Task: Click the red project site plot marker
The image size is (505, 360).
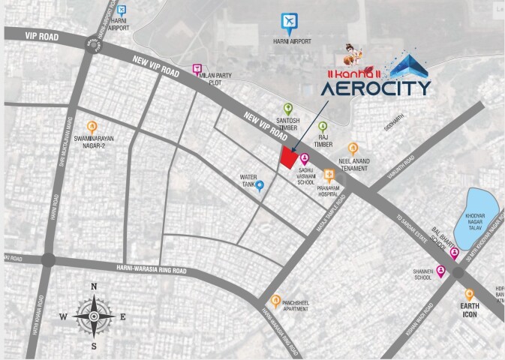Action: (x=287, y=157)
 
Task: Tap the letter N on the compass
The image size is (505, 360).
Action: (x=93, y=287)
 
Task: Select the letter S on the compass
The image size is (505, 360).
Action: (x=93, y=346)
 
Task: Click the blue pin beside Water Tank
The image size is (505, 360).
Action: (x=260, y=185)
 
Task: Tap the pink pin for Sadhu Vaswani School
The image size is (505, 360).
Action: (x=305, y=159)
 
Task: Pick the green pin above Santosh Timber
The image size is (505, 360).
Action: (x=287, y=109)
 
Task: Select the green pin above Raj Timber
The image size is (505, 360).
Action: (x=323, y=127)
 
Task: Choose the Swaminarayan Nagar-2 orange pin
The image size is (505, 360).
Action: (x=92, y=127)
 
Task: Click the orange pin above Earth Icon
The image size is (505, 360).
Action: (x=470, y=295)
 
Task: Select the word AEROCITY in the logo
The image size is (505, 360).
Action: (x=376, y=88)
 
